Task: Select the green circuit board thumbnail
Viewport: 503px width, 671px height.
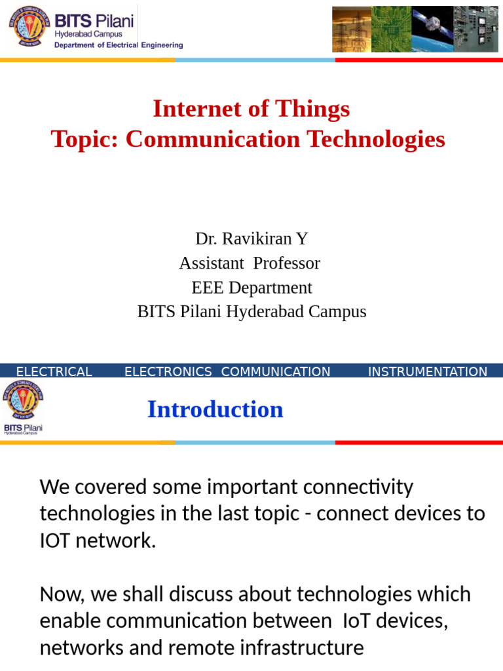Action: pyautogui.click(x=391, y=29)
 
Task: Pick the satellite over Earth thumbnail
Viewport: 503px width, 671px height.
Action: pyautogui.click(x=432, y=29)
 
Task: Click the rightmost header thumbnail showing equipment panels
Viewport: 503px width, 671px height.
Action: pyautogui.click(x=475, y=29)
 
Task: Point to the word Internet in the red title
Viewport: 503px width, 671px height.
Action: pyautogui.click(x=189, y=109)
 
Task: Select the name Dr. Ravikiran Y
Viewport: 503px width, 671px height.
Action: pyautogui.click(x=251, y=239)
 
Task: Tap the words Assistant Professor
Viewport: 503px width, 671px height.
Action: pyautogui.click(x=250, y=263)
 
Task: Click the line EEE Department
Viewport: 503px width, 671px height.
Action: pyautogui.click(x=251, y=288)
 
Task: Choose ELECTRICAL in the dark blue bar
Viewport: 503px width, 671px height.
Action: pyautogui.click(x=54, y=372)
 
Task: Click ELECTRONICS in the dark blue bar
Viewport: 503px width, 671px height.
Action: pyautogui.click(x=168, y=372)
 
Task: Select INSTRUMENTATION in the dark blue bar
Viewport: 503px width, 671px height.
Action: pyautogui.click(x=427, y=372)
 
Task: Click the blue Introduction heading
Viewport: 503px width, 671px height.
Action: pyautogui.click(x=215, y=410)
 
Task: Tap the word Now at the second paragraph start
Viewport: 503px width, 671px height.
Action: pyautogui.click(x=62, y=594)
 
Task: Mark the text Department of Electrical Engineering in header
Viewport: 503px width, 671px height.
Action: pyautogui.click(x=118, y=45)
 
